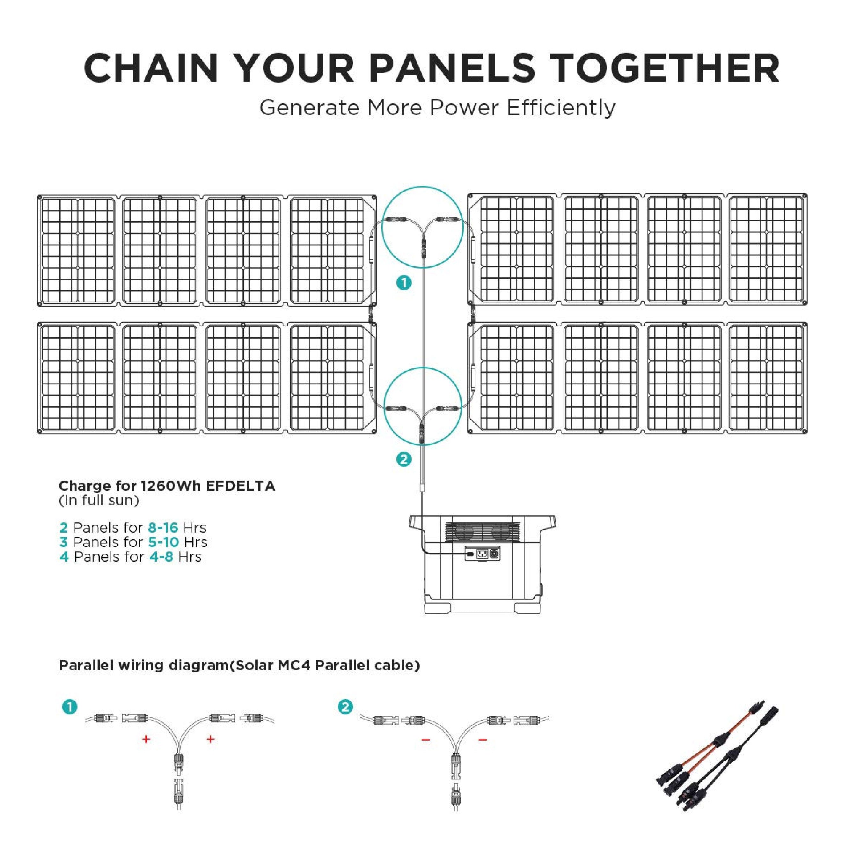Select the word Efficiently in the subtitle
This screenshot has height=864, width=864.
pyautogui.click(x=561, y=108)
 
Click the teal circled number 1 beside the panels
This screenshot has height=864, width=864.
pyautogui.click(x=404, y=283)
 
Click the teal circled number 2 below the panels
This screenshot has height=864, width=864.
pyautogui.click(x=404, y=460)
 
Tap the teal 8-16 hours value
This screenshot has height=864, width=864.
pyautogui.click(x=163, y=528)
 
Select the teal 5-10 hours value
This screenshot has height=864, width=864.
pyautogui.click(x=164, y=542)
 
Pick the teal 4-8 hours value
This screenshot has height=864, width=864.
pyautogui.click(x=161, y=557)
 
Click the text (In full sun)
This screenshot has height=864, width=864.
pyautogui.click(x=99, y=500)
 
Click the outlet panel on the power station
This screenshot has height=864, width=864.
pyautogui.click(x=483, y=553)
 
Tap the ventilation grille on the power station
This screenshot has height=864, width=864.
pyautogui.click(x=483, y=532)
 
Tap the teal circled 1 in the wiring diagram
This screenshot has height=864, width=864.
pyautogui.click(x=70, y=707)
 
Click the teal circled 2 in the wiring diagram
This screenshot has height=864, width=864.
pyautogui.click(x=345, y=707)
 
